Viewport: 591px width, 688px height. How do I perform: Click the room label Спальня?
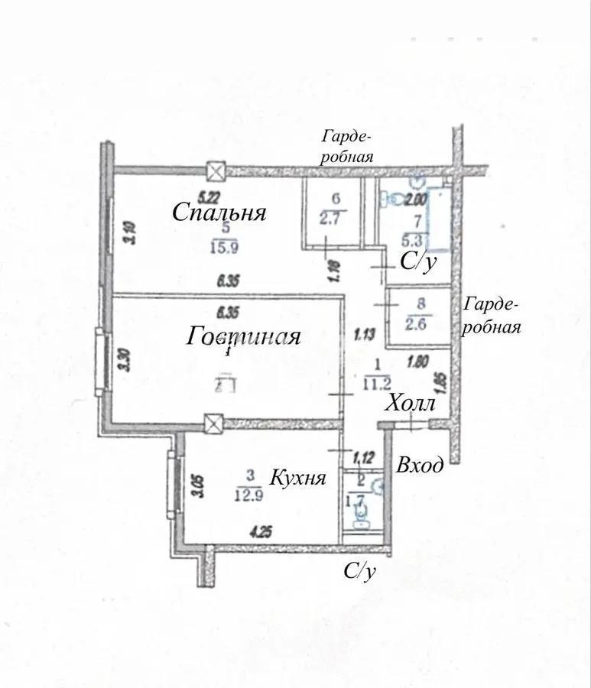click(219, 212)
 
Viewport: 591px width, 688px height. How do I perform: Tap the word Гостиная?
click(243, 336)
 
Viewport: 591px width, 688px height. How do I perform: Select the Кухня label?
click(298, 479)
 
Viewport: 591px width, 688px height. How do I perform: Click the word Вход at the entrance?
click(419, 465)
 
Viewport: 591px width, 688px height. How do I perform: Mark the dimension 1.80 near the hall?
click(417, 365)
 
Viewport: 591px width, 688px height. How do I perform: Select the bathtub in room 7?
click(440, 216)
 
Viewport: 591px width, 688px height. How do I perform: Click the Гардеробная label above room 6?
click(347, 147)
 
